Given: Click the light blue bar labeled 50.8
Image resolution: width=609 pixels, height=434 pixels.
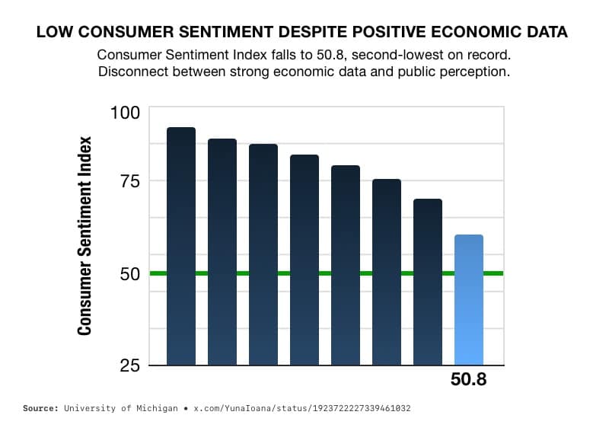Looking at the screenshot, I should [x=468, y=300].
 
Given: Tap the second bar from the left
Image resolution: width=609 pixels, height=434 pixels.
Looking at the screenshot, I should [x=222, y=252].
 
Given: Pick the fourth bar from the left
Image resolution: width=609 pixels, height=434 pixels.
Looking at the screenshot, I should [x=304, y=260].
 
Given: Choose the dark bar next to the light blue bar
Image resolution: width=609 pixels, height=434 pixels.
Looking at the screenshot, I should [x=427, y=282].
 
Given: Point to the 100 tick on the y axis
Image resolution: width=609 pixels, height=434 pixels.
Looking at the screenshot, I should [x=125, y=112].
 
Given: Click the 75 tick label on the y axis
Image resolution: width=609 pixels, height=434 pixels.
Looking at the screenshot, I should [x=129, y=181].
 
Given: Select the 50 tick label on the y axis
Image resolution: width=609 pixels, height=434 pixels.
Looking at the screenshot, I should [x=129, y=273].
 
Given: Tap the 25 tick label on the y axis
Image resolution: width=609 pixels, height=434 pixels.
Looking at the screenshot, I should [x=129, y=365].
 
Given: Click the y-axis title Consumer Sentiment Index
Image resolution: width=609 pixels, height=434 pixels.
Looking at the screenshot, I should [x=84, y=235].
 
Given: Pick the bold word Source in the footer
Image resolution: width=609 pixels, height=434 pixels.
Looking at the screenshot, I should [x=41, y=409].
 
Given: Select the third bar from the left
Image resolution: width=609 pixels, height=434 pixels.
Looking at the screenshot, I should [x=263, y=254].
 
